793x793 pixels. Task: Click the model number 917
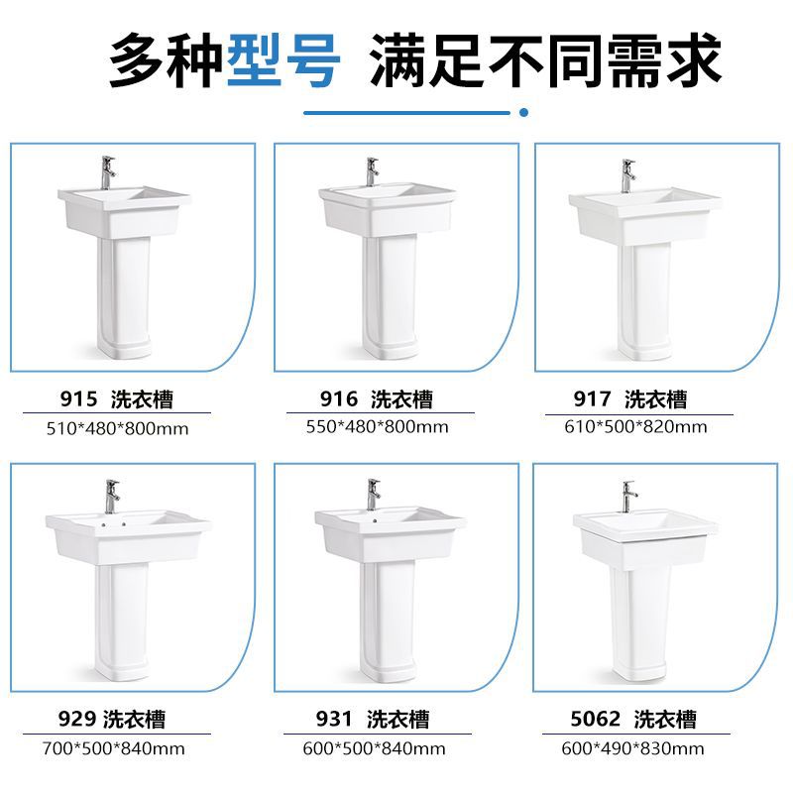click(x=593, y=399)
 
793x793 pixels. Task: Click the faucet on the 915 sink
click(x=108, y=171)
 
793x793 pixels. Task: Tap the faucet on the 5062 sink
click(x=628, y=495)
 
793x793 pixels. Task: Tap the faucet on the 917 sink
click(x=627, y=174)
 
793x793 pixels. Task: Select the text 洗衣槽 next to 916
click(x=402, y=399)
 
